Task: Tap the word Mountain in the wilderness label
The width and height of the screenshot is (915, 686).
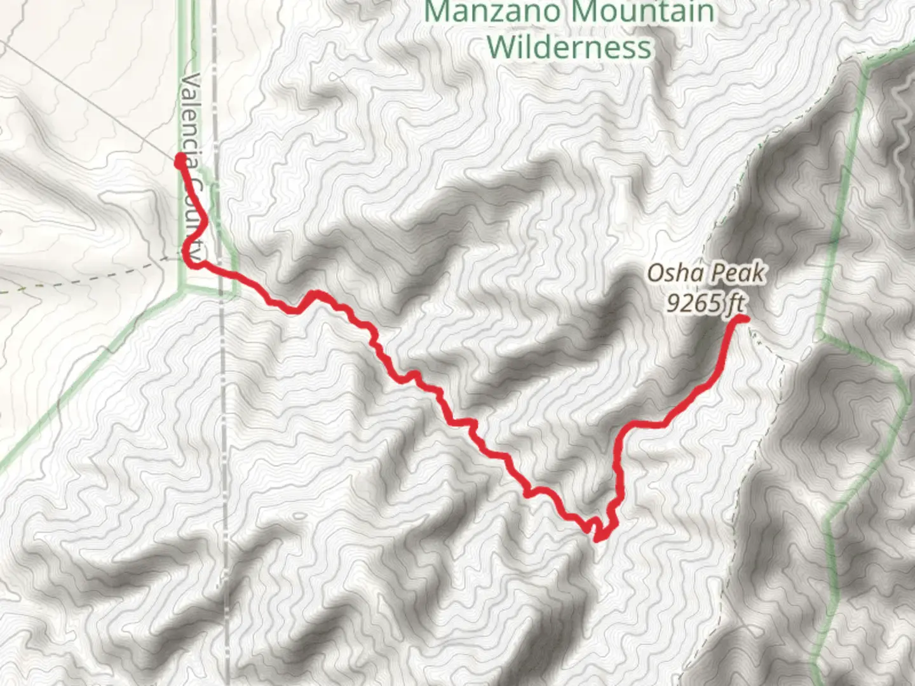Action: [x=642, y=13]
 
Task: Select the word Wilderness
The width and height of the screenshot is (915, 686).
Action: [x=570, y=48]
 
